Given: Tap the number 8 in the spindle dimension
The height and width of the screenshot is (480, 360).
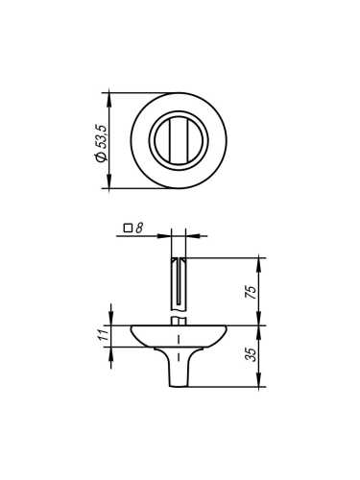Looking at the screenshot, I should coord(139,228).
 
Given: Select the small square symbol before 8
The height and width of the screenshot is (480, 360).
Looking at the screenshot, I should coord(128,228).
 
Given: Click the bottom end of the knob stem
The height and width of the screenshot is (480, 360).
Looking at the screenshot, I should coord(178,385).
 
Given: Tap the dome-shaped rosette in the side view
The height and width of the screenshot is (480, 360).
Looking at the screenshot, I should coord(178,337).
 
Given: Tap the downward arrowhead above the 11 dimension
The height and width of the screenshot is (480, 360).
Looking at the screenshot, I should coord(112,321).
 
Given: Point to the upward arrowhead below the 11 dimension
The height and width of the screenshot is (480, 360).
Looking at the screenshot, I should coord(112,354).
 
